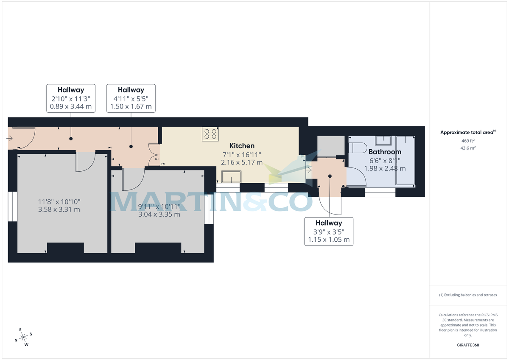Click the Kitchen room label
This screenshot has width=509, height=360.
242,145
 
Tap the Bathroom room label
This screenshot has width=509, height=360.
385,151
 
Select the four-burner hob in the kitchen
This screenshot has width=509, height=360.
211,134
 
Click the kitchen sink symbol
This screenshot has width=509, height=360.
229,176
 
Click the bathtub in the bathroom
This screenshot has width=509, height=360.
405,161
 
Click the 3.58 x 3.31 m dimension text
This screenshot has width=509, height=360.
59,209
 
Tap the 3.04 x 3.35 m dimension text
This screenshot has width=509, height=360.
159,214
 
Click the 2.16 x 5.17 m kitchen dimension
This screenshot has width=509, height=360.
242,162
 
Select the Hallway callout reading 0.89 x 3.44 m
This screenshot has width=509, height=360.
71,98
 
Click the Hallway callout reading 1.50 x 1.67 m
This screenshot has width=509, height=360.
131,98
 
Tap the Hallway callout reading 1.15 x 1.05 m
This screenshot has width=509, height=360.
329,231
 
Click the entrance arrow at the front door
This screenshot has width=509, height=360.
10,138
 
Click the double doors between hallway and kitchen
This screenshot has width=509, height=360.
154,155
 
